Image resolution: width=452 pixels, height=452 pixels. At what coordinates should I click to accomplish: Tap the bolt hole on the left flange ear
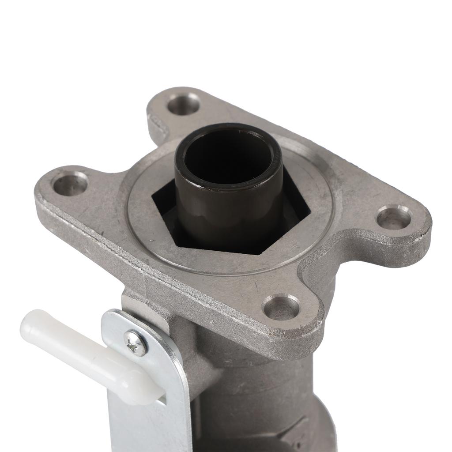click(x=71, y=184)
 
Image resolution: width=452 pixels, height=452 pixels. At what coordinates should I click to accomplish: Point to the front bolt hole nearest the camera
click(x=281, y=307)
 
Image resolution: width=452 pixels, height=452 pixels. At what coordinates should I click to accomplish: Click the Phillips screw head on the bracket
click(x=136, y=343)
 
